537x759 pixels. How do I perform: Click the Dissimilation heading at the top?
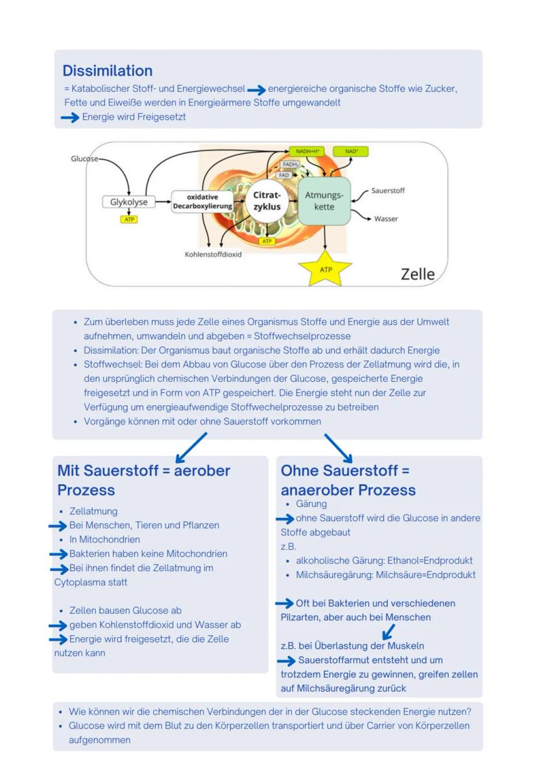tap(108, 71)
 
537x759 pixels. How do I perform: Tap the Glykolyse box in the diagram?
tap(128, 202)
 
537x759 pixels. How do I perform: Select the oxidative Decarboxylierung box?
tap(202, 202)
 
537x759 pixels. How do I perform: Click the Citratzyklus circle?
tap(267, 201)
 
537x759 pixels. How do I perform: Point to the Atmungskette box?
tap(324, 201)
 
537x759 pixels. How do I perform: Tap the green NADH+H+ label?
tap(307, 152)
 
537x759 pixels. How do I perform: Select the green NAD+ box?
tap(350, 152)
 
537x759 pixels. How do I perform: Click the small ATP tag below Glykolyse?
tap(128, 220)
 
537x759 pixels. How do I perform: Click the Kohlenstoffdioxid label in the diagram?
tap(213, 255)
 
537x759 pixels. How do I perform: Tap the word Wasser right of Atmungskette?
tap(386, 219)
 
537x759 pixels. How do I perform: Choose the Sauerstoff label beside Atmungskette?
tap(388, 191)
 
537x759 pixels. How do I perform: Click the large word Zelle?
tap(418, 274)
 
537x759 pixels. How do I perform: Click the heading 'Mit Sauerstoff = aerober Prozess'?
tap(143, 480)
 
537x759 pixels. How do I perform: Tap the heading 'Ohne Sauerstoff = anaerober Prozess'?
tap(348, 480)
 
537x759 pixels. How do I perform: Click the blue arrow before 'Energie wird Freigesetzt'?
tap(69, 117)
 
